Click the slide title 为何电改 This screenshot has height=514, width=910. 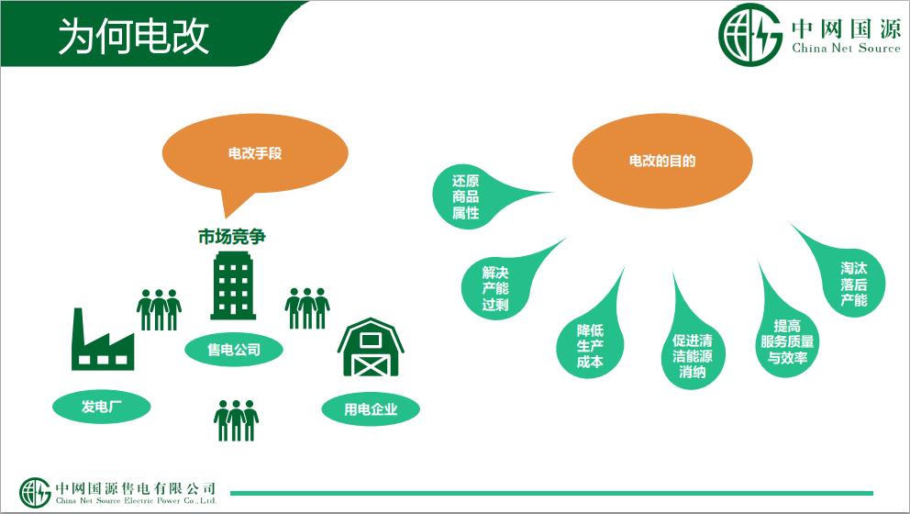pos(134,36)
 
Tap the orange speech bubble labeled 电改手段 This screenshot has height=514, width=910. pos(255,154)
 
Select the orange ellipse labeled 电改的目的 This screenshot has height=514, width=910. pos(662,161)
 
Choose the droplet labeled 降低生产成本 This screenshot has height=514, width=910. pos(590,345)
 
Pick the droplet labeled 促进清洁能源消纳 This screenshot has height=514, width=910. pos(693,354)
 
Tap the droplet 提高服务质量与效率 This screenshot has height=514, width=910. pos(787,341)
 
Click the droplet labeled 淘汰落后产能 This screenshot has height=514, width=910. pos(852,284)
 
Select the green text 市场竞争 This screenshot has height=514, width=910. pos(231,237)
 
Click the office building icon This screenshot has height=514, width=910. pos(233,285)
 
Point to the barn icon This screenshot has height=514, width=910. pos(371,347)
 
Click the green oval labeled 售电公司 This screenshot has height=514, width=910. pos(234,350)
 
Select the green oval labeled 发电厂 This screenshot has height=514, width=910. pos(102,406)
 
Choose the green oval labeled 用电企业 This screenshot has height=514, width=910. pos(371,408)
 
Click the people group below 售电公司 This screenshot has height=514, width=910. pos(236,419)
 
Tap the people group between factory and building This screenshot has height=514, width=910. pos(159,309)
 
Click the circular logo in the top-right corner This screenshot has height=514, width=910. pos(750,34)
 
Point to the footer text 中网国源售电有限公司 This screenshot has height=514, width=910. pos(135,488)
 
